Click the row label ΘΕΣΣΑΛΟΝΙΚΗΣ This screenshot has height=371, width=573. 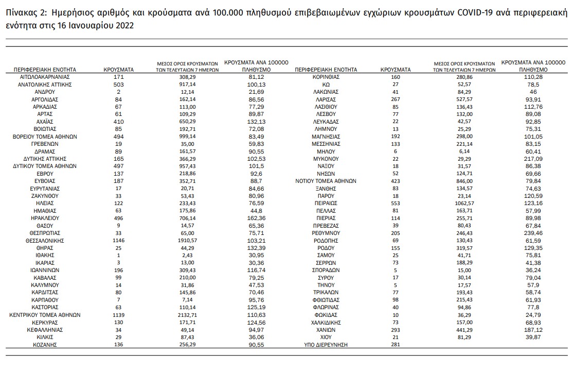pyautogui.click(x=45, y=241)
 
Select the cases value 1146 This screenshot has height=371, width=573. pyautogui.click(x=119, y=241)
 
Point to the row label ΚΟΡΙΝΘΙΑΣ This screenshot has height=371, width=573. pyautogui.click(x=326, y=76)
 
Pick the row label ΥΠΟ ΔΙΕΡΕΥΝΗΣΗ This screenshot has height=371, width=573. pyautogui.click(x=326, y=344)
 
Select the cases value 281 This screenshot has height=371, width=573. pyautogui.click(x=395, y=344)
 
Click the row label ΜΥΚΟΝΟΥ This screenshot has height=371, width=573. pyautogui.click(x=326, y=159)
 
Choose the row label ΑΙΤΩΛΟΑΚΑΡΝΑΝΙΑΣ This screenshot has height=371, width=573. pyautogui.click(x=45, y=76)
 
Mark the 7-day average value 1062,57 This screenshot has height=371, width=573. pyautogui.click(x=464, y=204)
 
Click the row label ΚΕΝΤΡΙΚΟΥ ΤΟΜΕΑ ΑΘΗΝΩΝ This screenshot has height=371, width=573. pyautogui.click(x=45, y=314)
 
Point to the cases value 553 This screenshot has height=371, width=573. pyautogui.click(x=395, y=204)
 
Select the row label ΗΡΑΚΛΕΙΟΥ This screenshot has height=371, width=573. pyautogui.click(x=45, y=218)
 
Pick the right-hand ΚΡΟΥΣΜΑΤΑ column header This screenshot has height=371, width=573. pyautogui.click(x=395, y=69)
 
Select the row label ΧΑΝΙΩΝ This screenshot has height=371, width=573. pyautogui.click(x=326, y=329)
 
